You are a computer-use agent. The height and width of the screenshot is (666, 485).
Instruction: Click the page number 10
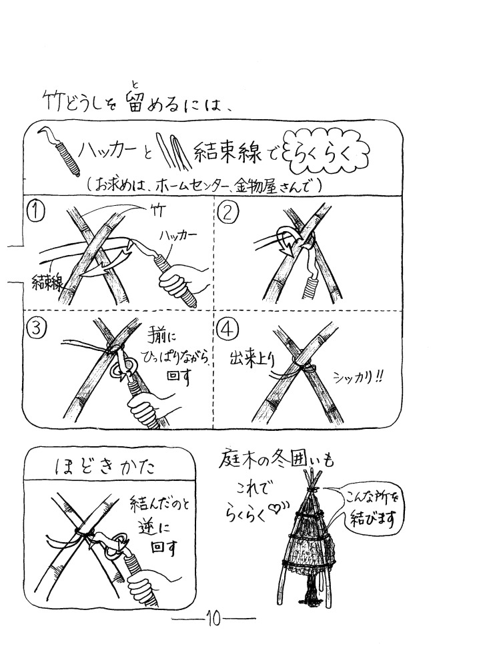[x=213, y=619]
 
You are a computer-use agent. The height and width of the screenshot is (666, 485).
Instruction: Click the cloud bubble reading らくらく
[x=327, y=156]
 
